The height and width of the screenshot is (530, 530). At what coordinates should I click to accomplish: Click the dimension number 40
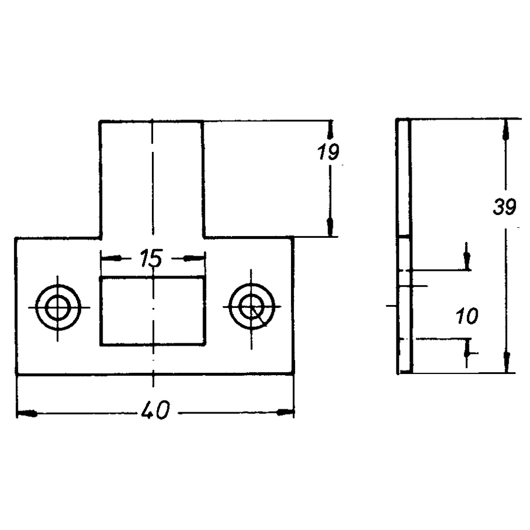click(155, 410)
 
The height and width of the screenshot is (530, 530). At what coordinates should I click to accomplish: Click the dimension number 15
click(151, 259)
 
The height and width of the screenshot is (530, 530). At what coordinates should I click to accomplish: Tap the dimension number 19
click(328, 152)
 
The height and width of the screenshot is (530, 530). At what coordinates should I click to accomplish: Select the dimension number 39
click(504, 207)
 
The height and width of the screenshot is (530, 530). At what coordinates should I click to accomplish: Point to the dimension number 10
click(467, 316)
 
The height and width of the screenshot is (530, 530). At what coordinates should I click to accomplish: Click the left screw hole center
click(58, 307)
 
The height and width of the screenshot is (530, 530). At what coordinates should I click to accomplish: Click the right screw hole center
click(251, 307)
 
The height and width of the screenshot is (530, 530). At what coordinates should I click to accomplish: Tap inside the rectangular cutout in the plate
click(153, 312)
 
